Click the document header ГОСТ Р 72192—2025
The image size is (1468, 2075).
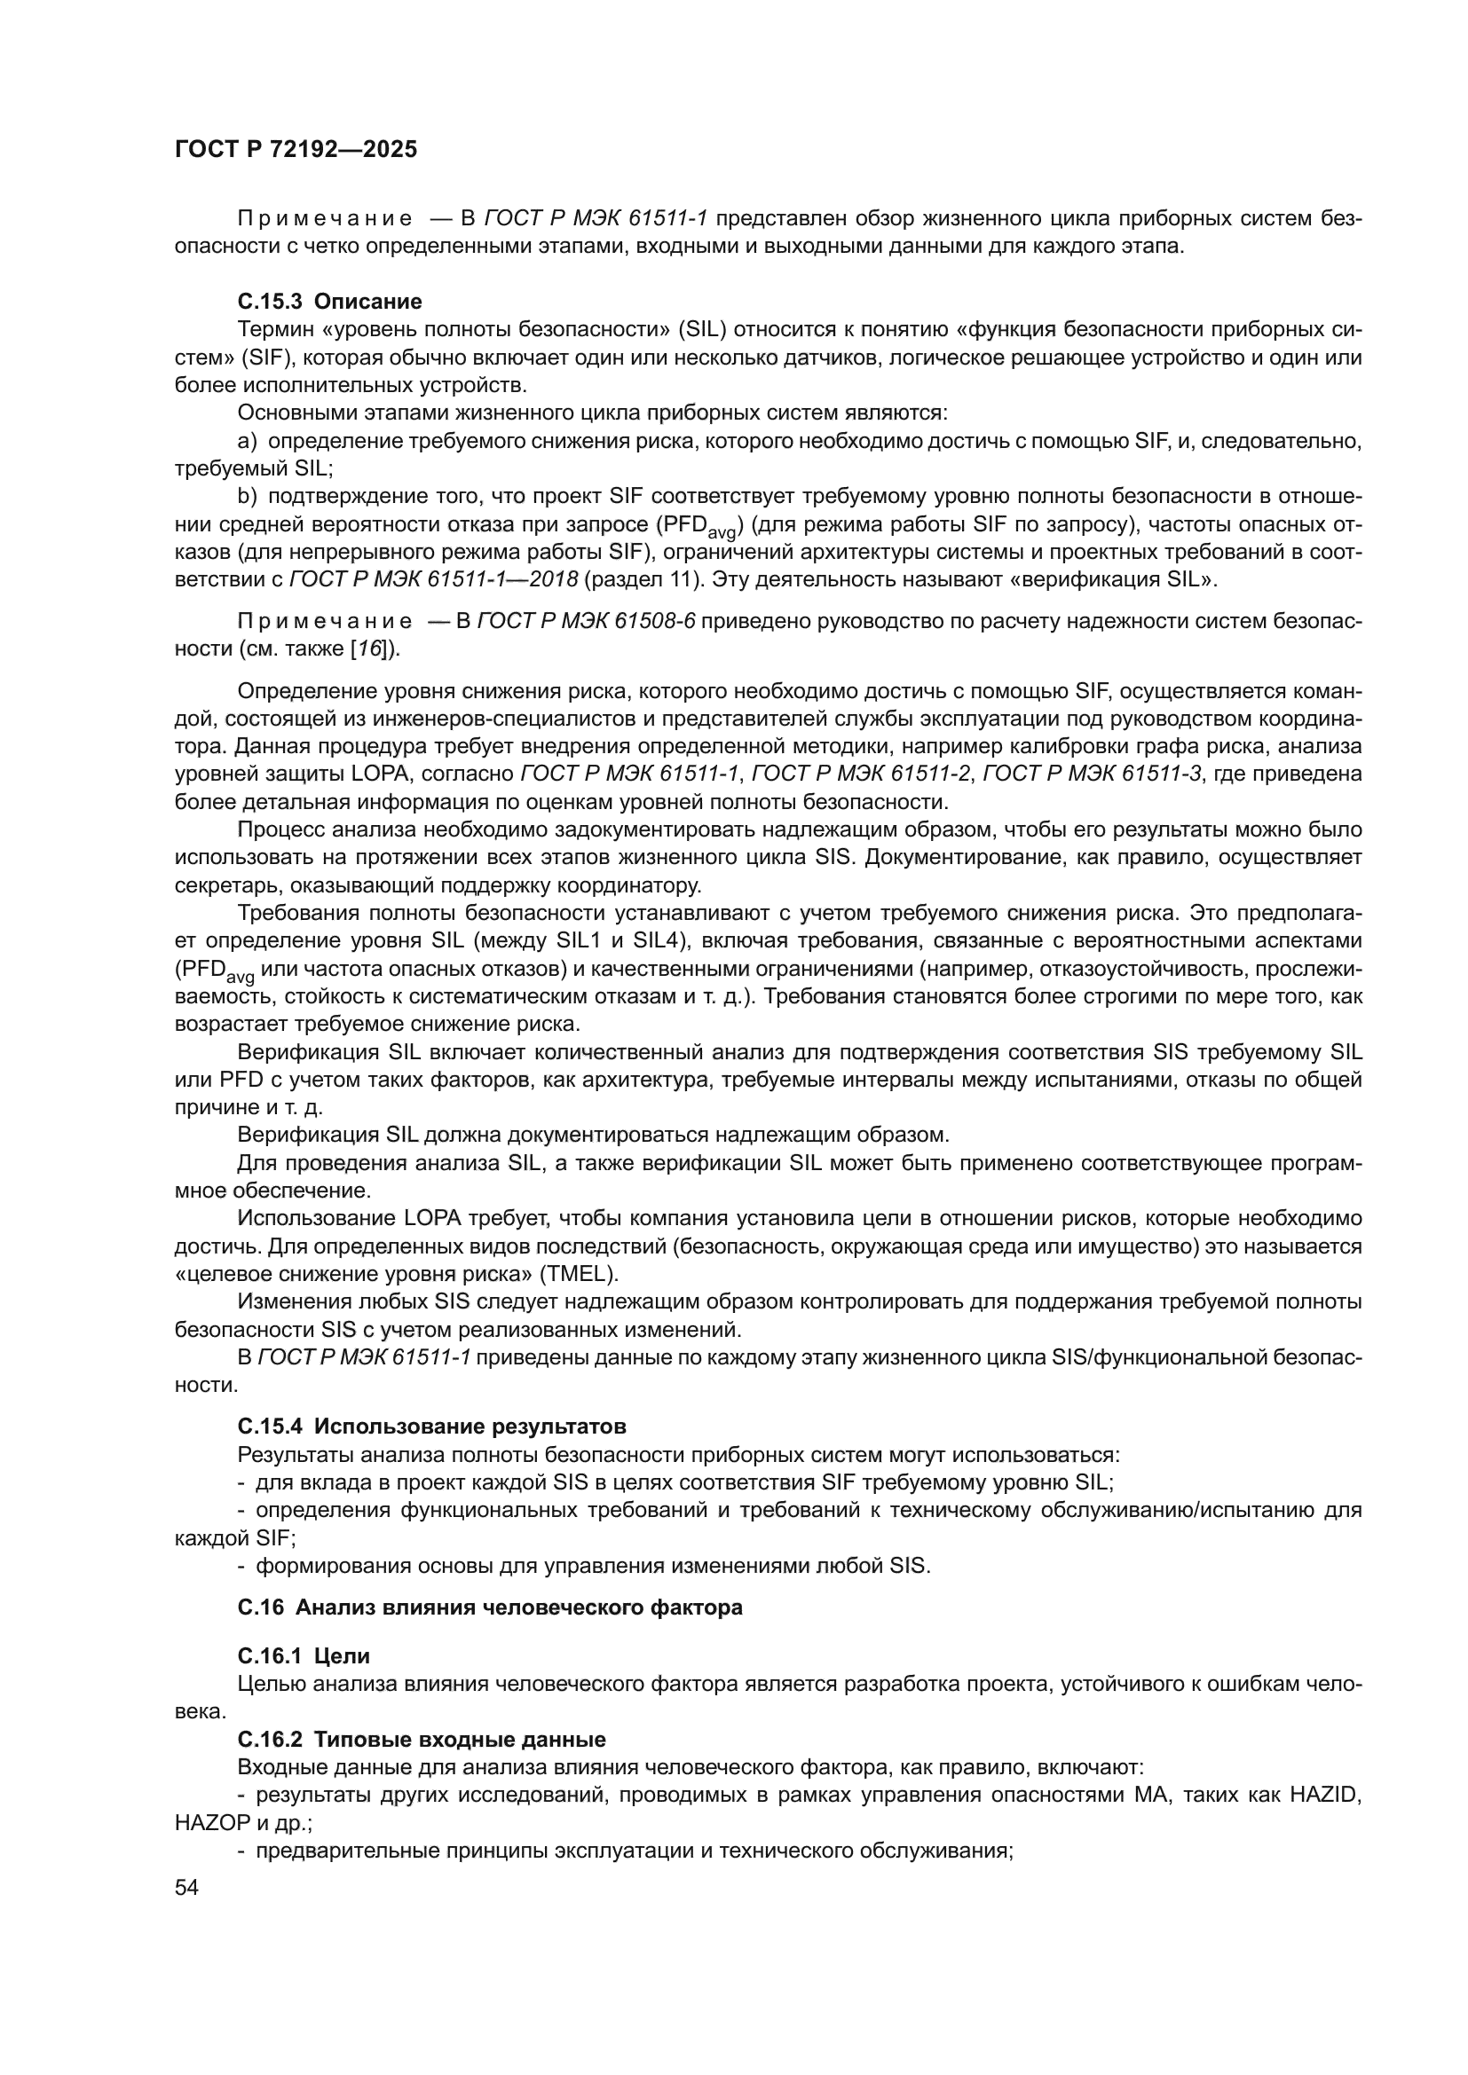[x=296, y=150]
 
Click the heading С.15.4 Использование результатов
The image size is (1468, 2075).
[x=431, y=1427]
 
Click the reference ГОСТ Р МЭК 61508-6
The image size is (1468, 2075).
[x=586, y=621]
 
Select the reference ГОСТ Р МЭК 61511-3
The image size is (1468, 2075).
[x=1092, y=774]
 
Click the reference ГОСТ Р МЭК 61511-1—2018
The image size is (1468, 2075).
[x=433, y=579]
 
